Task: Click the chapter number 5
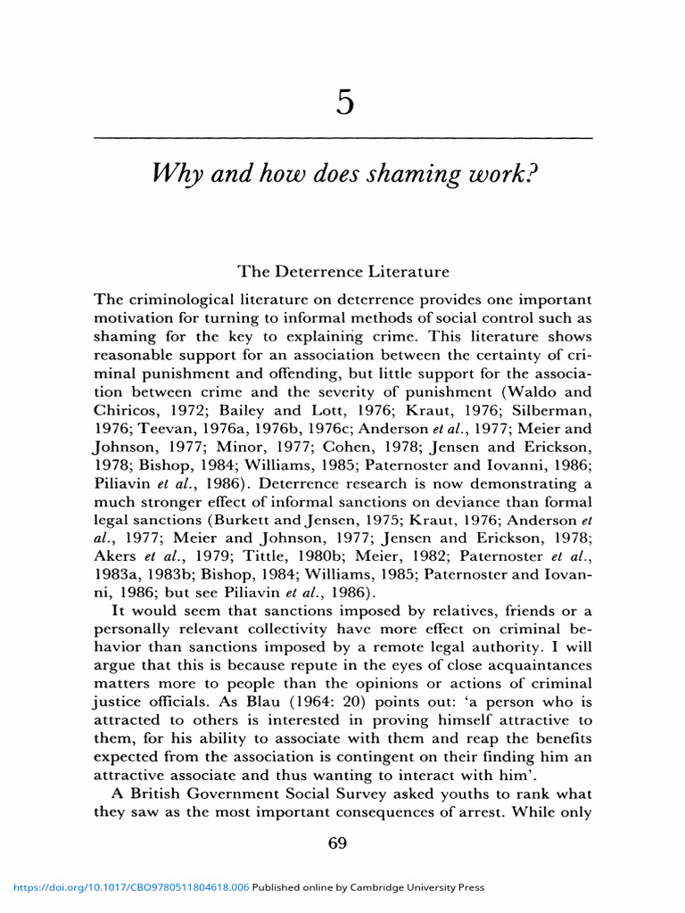pyautogui.click(x=345, y=104)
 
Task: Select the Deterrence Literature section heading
pyautogui.click(x=342, y=271)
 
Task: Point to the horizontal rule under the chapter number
pyautogui.click(x=342, y=138)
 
